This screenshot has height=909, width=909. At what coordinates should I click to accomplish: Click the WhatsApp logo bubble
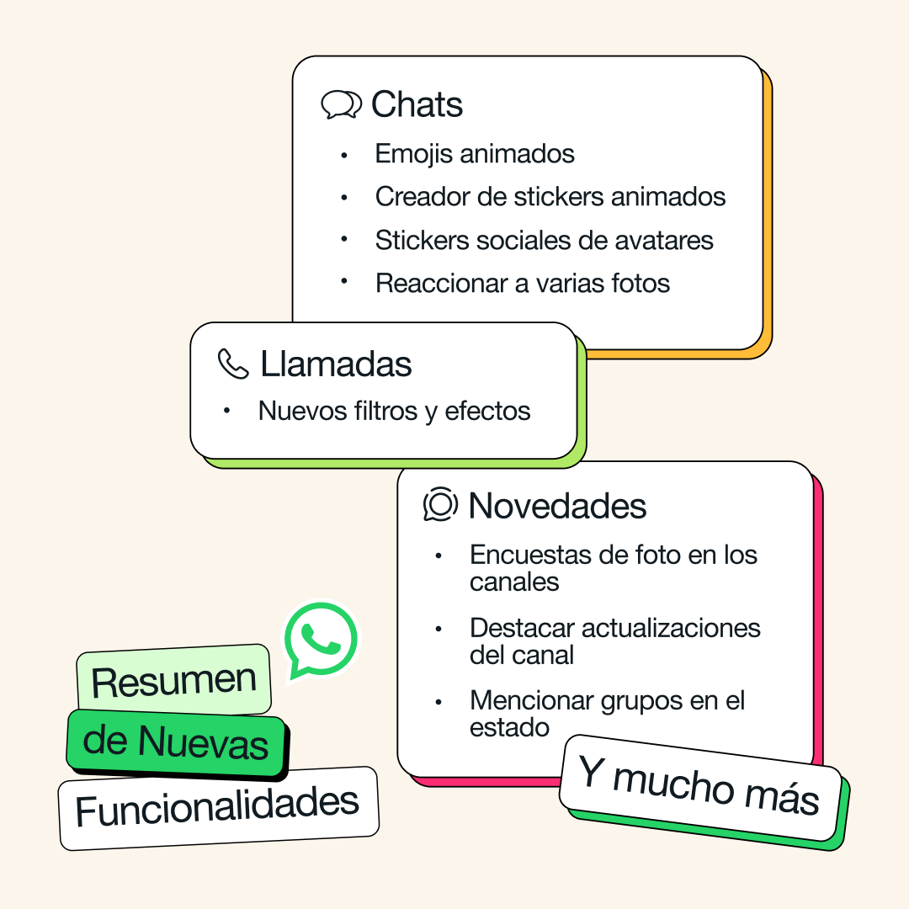(x=320, y=640)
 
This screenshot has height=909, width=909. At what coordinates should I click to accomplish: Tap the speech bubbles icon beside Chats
(x=341, y=105)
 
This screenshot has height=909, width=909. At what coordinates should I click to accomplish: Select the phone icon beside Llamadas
(x=233, y=364)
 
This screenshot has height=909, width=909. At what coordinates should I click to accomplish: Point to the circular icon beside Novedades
(x=440, y=505)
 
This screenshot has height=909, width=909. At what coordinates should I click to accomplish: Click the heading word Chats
(x=417, y=105)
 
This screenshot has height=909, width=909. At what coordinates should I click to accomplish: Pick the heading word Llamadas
(x=336, y=364)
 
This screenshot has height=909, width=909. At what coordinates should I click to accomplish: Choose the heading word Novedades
(x=557, y=506)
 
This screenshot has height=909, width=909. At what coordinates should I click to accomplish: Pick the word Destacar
(x=523, y=629)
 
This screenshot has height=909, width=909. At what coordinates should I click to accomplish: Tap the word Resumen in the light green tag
(x=173, y=681)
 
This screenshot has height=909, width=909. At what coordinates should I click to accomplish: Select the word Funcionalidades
(x=217, y=808)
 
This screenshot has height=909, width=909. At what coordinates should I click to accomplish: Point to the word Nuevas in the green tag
(x=204, y=743)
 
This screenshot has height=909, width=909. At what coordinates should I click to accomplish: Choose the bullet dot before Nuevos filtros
(x=226, y=412)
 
